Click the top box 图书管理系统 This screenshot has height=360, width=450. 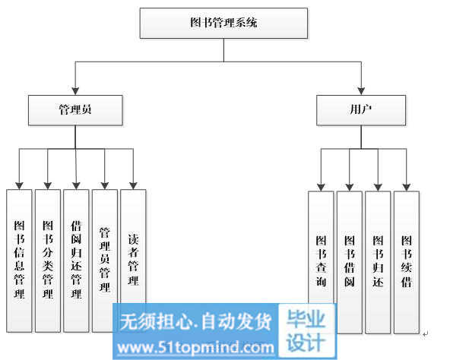pyautogui.click(x=223, y=23)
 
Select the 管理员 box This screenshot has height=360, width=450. pyautogui.click(x=75, y=110)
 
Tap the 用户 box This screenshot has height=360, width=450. pyautogui.click(x=361, y=110)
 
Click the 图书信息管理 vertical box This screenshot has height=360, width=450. pyautogui.click(x=19, y=261)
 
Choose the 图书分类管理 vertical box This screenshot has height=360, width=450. pyautogui.click(x=48, y=261)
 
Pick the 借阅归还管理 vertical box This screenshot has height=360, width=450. pyautogui.click(x=76, y=261)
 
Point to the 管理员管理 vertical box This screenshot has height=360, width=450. pyautogui.click(x=105, y=261)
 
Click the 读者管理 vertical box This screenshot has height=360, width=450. pyautogui.click(x=133, y=247)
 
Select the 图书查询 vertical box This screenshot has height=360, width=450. pyautogui.click(x=321, y=248)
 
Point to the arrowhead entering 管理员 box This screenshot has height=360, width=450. pyautogui.click(x=75, y=91)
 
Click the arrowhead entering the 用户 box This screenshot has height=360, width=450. pyautogui.click(x=361, y=91)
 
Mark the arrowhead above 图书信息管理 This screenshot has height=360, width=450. pyautogui.click(x=19, y=185)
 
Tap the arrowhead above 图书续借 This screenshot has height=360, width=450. pyautogui.click(x=407, y=188)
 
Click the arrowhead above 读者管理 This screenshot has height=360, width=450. pyautogui.click(x=133, y=185)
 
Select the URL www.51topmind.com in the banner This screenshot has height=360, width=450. pyautogui.click(x=195, y=348)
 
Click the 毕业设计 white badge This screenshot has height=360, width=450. pyautogui.click(x=306, y=330)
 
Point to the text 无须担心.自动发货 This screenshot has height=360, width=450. pyautogui.click(x=195, y=321)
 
